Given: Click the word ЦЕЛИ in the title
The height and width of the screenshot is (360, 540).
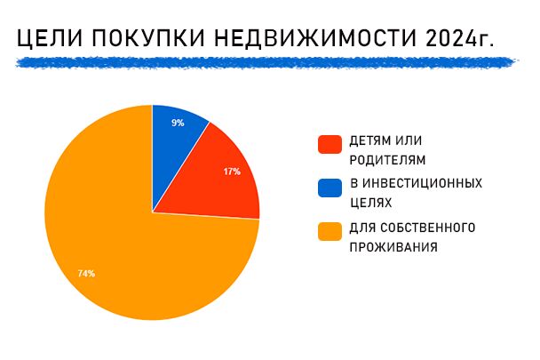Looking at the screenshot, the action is [x=50, y=38].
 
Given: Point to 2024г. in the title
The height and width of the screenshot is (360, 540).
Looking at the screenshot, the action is [x=460, y=37].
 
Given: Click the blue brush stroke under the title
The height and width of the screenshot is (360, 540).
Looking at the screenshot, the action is [x=266, y=62].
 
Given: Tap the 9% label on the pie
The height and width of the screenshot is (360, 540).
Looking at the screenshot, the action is [x=178, y=123].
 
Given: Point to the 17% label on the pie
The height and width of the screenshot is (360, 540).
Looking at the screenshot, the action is [x=232, y=172].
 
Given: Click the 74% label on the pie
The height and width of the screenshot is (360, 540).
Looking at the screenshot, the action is [x=86, y=274].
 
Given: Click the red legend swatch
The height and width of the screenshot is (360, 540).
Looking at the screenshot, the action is [x=330, y=144].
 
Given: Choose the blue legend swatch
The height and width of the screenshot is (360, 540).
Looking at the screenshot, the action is [x=330, y=188].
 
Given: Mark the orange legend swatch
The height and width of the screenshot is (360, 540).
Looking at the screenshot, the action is [x=330, y=231].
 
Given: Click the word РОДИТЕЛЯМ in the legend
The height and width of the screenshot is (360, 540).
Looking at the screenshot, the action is [x=387, y=160].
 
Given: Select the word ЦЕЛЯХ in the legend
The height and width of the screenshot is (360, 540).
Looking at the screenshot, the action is [x=371, y=203].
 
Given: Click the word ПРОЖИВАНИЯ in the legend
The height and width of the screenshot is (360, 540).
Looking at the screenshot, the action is [x=393, y=247].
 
